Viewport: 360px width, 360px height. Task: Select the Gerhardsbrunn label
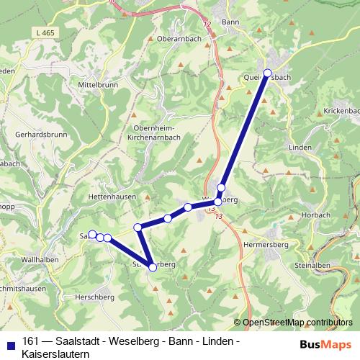tap(40, 135)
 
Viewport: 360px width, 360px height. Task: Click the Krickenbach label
tap(341, 111)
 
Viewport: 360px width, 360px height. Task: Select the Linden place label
tap(300, 147)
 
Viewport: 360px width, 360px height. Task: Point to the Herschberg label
tap(94, 297)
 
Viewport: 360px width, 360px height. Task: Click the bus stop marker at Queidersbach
tap(268, 73)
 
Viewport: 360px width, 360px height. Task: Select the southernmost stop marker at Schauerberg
tap(153, 267)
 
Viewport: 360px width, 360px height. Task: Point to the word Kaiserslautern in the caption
tap(55, 354)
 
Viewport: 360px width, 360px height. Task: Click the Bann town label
tap(230, 23)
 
